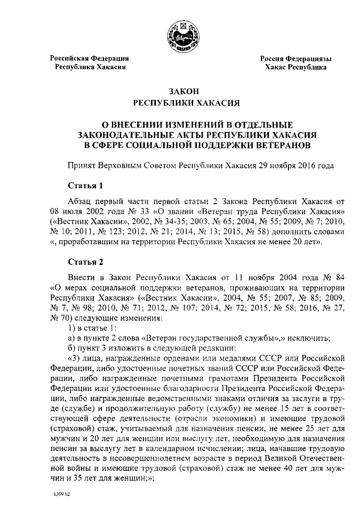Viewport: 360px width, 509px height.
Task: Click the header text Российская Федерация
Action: (90, 58)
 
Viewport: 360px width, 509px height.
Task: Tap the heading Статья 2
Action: (85, 262)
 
